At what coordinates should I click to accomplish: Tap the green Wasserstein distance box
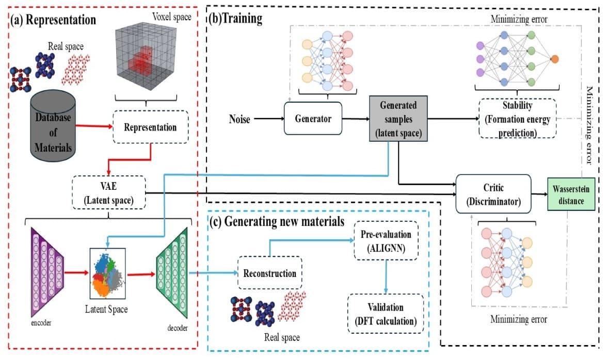point(571,194)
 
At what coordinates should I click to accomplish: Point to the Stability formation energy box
point(518,118)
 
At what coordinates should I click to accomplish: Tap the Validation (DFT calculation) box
point(386,314)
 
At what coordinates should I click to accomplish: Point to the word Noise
point(239,120)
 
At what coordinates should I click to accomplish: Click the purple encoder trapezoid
point(44,273)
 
